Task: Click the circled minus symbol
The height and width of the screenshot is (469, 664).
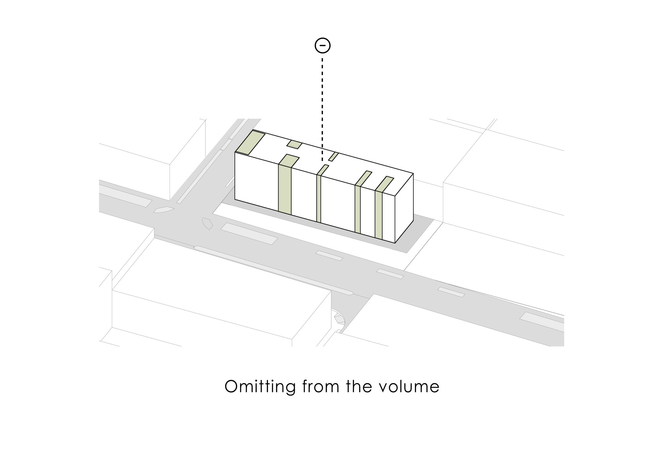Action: point(322,45)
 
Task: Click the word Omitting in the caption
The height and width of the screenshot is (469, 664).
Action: point(260,386)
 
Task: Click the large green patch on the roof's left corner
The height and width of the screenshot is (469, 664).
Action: point(250,143)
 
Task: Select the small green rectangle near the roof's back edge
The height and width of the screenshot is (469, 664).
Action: point(294,145)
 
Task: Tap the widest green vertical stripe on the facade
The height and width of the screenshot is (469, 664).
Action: point(285,189)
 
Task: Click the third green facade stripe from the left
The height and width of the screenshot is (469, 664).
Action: point(358,209)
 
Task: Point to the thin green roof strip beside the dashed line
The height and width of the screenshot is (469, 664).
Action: point(333,157)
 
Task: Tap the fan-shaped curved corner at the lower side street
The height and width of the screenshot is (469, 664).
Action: point(339,319)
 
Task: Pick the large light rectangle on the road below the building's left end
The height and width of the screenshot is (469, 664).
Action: point(249,234)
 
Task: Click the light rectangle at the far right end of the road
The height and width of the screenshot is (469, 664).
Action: point(541,321)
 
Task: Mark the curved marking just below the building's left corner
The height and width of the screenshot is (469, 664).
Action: point(207,224)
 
